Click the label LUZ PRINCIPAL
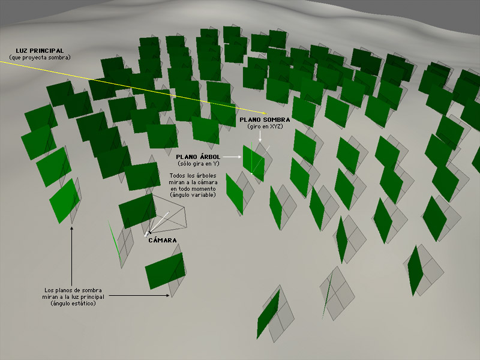point(40,51)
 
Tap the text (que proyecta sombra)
point(40,58)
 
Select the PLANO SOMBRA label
point(265,119)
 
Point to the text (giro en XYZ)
point(265,127)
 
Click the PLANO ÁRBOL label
point(198,157)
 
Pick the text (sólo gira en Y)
point(199,164)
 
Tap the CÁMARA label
point(163,241)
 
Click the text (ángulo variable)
point(193,195)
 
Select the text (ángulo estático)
point(73,304)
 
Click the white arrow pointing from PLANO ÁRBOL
point(232,157)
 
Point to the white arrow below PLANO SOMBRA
point(260,136)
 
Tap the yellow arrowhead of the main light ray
point(265,113)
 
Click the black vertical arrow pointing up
point(72,256)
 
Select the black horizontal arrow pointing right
point(139,296)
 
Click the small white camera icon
point(147,234)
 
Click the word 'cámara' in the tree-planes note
point(209,182)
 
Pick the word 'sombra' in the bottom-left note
point(93,290)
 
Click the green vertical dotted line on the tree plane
point(251,158)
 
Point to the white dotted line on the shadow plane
point(261,160)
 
